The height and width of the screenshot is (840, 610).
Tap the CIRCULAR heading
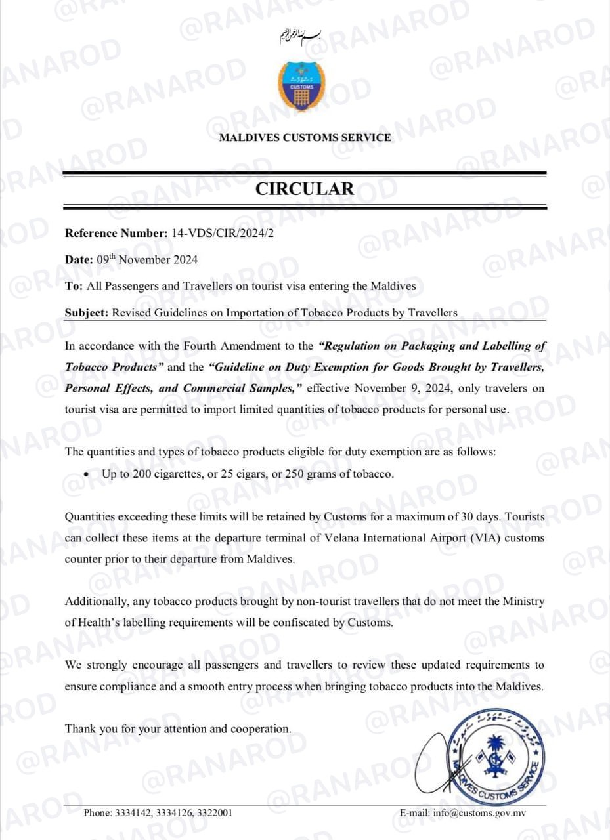click(305, 188)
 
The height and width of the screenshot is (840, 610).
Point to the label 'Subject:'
click(85, 313)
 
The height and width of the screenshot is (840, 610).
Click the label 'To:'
click(74, 286)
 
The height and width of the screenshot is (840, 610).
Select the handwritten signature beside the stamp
click(439, 755)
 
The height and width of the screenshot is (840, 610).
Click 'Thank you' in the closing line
click(87, 728)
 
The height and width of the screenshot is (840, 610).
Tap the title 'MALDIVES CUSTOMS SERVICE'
click(305, 138)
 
